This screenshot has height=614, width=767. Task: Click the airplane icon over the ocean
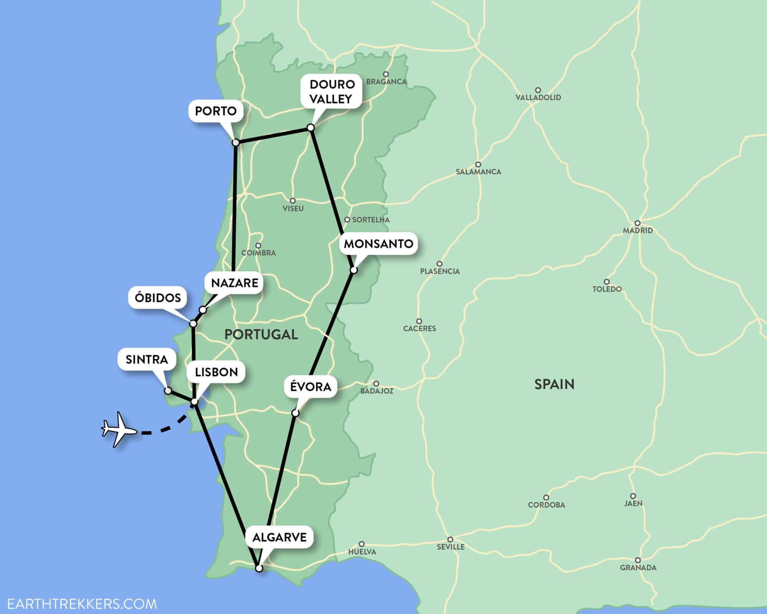119,429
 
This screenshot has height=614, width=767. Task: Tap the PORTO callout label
216,111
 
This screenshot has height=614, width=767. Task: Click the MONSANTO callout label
378,244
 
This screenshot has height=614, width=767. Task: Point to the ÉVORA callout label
311,386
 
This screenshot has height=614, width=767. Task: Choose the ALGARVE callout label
280,537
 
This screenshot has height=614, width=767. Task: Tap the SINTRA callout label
147,360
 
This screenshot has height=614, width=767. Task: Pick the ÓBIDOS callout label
158,298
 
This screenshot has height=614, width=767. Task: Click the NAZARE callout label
235,283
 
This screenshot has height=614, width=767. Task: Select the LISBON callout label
216,372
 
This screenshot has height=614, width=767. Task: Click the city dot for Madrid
637,223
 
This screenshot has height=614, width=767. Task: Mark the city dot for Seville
451,540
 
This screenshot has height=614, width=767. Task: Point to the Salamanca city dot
478,165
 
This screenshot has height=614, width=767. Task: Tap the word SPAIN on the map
554,384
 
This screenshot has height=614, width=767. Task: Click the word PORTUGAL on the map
261,334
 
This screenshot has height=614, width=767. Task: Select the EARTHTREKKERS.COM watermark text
82,604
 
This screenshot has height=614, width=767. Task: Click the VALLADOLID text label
538,97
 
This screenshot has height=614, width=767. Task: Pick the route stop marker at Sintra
168,391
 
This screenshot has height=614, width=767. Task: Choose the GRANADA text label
638,568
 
